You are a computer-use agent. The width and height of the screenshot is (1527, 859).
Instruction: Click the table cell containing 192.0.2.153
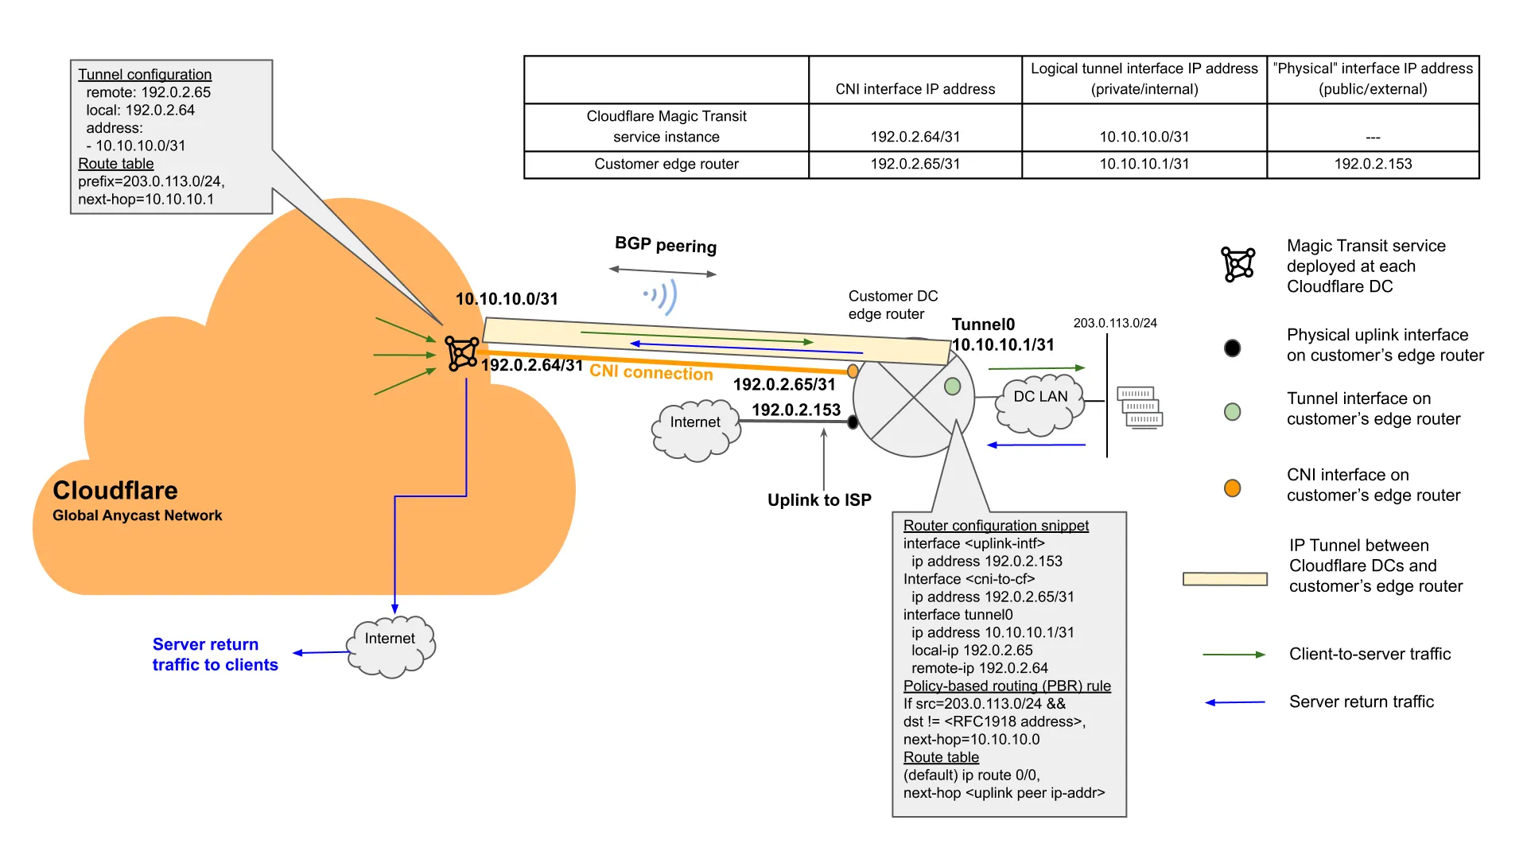click(1373, 164)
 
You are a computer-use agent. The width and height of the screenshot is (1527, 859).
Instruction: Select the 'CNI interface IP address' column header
click(915, 89)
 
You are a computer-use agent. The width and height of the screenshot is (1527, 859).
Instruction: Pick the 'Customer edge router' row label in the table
click(666, 164)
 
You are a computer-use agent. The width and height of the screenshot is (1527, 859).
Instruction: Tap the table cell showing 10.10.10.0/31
click(1144, 137)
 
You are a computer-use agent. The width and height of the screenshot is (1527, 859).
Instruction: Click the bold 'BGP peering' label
click(666, 245)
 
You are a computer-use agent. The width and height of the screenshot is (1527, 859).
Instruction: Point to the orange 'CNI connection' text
click(651, 373)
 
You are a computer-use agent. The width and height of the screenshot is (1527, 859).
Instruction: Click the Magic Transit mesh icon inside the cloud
click(461, 353)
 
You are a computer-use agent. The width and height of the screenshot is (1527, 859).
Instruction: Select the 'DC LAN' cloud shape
click(1040, 404)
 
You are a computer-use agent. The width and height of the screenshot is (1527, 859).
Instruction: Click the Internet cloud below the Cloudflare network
click(390, 646)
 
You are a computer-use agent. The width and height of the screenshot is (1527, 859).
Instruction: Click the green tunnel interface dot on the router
click(953, 387)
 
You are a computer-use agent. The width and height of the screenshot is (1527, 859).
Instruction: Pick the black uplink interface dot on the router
click(853, 422)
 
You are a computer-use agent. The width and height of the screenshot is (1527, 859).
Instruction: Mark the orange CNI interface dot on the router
click(853, 371)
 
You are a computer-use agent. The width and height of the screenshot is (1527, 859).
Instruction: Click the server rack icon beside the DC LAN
click(1140, 407)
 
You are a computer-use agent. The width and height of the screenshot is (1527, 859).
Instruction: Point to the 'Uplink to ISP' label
click(819, 500)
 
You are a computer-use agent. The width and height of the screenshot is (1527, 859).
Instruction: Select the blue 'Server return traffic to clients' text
click(215, 655)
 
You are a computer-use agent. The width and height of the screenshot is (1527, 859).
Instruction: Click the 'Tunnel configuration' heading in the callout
click(145, 75)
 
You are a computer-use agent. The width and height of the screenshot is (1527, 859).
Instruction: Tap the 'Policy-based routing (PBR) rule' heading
click(1007, 686)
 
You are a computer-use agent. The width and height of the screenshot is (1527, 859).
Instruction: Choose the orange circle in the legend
click(1232, 488)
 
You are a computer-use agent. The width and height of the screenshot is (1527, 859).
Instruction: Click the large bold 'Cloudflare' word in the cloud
click(115, 490)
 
